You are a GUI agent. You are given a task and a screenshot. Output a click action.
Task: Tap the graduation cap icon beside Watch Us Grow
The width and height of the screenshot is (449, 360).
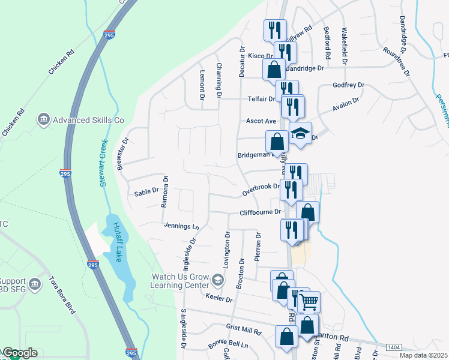(217, 280)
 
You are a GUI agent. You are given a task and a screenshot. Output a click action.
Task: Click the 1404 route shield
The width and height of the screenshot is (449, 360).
(394, 347)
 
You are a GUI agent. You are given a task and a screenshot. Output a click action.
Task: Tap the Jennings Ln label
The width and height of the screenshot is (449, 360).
(181, 226)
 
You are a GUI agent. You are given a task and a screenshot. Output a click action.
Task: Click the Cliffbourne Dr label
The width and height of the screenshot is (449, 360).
(260, 212)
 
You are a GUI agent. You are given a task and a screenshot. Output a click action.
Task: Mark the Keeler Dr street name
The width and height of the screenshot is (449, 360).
(219, 299)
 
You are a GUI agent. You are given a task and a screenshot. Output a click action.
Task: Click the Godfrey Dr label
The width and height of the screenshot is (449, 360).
(349, 85)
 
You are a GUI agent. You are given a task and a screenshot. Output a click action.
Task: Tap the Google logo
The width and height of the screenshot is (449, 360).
(19, 353)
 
